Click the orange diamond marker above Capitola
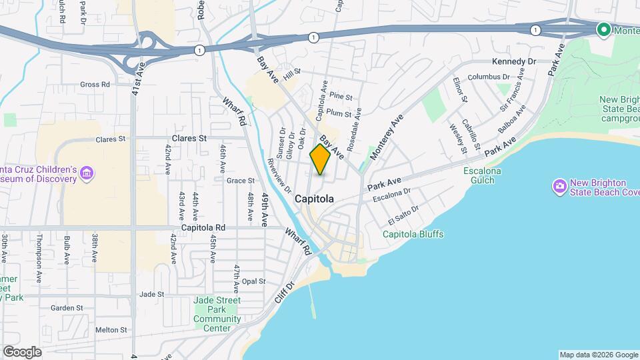[321, 159]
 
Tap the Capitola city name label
[314, 199]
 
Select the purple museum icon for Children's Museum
[86, 174]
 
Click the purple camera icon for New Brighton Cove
[559, 185]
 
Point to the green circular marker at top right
[604, 29]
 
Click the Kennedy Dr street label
[514, 61]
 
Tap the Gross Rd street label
[95, 85]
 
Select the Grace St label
[241, 180]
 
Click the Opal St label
[254, 281]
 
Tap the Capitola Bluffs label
[413, 234]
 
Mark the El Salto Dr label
[405, 215]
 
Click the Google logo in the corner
[22, 352]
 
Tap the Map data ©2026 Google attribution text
[597, 355]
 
